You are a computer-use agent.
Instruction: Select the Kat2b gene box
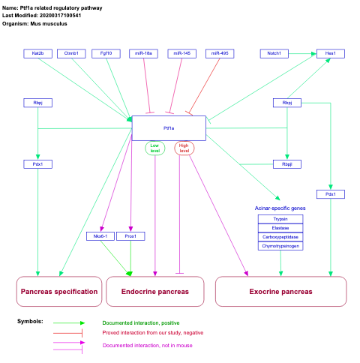point(37,54)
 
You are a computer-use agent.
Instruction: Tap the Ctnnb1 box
point(72,54)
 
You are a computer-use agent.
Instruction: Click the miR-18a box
point(144,54)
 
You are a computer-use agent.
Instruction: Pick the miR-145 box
point(181,54)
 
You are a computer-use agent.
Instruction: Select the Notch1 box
point(274,54)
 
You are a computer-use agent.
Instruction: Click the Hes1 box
point(330,54)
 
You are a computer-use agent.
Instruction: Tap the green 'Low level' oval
point(155,148)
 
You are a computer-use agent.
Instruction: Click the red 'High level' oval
point(184,148)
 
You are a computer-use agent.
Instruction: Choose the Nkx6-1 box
point(100,236)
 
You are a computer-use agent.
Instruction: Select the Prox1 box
point(130,236)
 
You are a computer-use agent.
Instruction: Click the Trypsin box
point(280,219)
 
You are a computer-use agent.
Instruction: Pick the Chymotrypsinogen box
point(280,246)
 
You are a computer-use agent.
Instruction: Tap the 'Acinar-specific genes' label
point(280,208)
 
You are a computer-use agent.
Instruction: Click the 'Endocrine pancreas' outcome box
point(155,291)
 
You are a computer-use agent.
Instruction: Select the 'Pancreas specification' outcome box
point(59,291)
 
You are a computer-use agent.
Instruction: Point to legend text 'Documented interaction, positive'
point(140,322)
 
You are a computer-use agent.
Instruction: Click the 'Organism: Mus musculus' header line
point(35,24)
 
